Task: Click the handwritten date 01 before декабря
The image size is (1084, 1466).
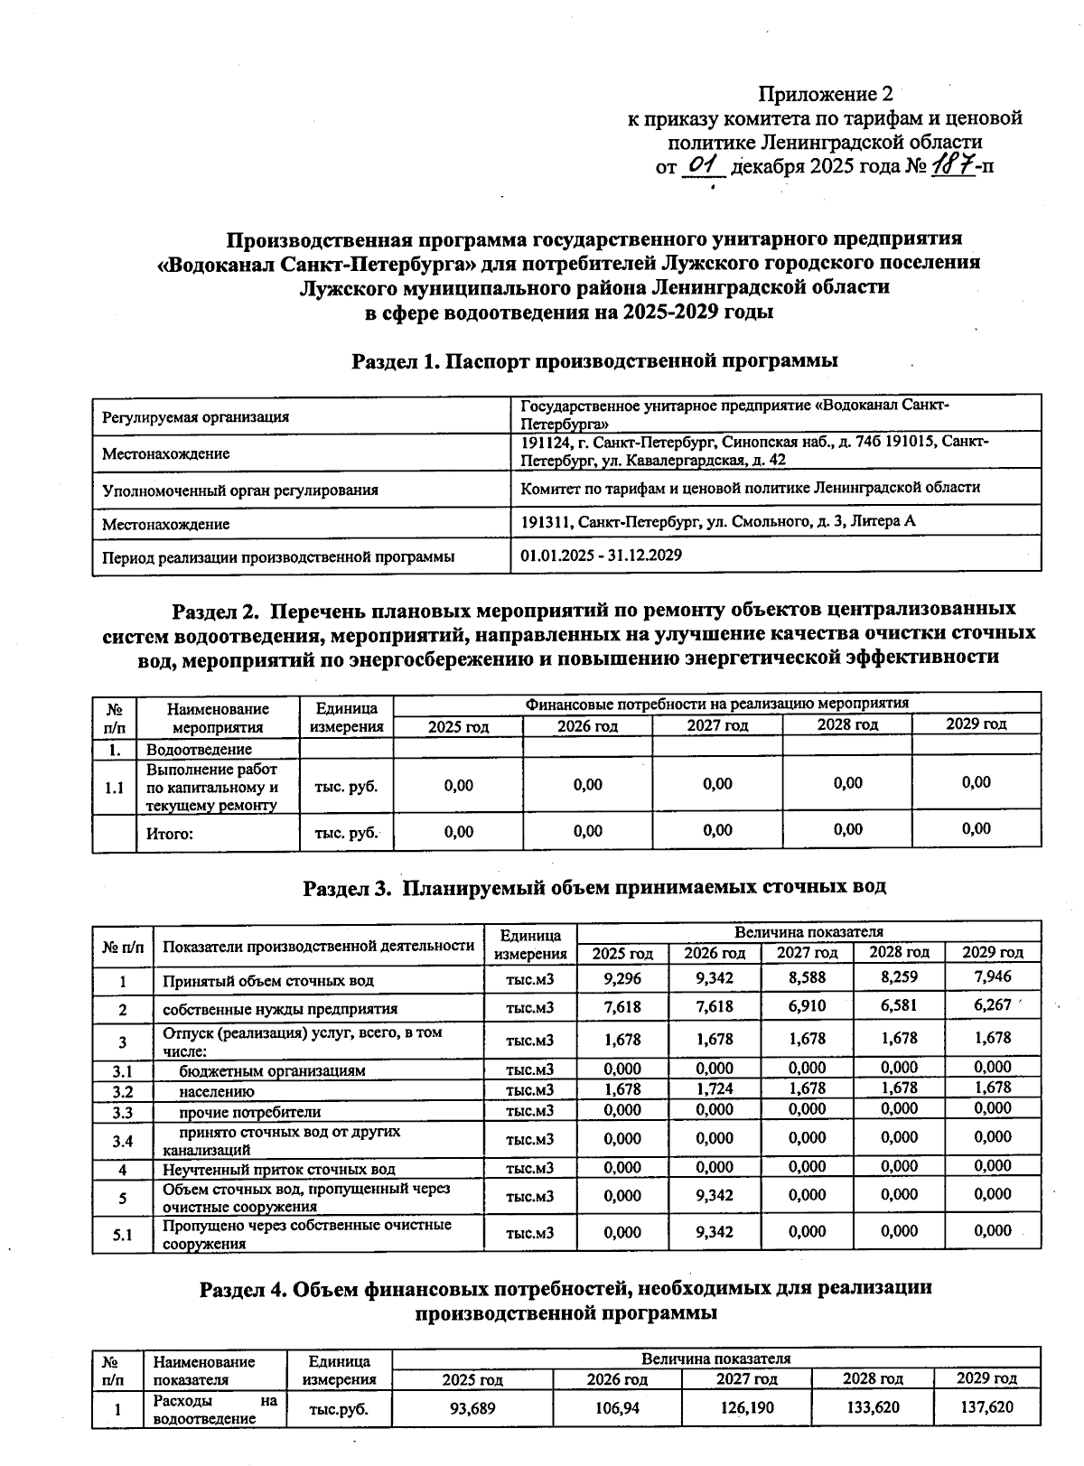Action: [702, 165]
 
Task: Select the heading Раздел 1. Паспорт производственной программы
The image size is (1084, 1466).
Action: [594, 360]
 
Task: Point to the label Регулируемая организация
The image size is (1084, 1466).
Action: [195, 416]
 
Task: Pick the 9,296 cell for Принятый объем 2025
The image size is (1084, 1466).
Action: [622, 978]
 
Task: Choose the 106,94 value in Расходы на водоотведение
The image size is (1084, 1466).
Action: [617, 1407]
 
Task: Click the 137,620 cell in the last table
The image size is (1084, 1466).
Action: [986, 1407]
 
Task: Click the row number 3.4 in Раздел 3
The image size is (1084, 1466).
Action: [122, 1141]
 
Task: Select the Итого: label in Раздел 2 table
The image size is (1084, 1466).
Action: [170, 834]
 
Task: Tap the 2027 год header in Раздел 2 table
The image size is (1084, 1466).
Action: [717, 725]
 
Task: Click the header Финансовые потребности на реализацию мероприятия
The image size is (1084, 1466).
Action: [716, 703]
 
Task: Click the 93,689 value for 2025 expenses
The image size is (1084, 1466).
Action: [472, 1407]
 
